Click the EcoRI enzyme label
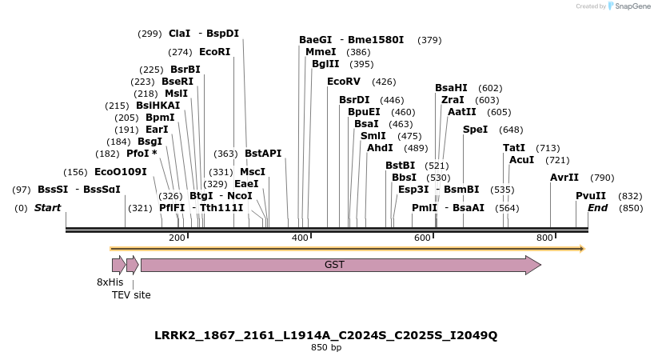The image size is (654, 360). pos(214,52)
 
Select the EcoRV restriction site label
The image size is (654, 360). pos(344,82)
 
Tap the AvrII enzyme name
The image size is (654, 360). pos(564,178)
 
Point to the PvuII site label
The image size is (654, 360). pos(591,196)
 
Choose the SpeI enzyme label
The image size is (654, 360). pos(475,130)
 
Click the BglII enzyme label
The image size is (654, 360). pos(325,64)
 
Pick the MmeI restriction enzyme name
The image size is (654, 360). pos(321,52)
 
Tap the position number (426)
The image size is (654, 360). pos(384,82)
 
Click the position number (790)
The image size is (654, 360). pos(602,178)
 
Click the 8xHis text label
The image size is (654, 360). pos(110,282)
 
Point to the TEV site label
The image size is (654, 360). pos(131,295)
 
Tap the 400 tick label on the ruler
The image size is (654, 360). pos(300,238)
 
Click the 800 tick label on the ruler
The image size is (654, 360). pos(544,238)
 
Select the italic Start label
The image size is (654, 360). pos(47,208)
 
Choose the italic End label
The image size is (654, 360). pos(597,208)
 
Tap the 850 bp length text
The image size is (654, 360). pos(326,348)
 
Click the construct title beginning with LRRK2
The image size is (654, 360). pos(326,335)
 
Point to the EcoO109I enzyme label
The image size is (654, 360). pos(121,172)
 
